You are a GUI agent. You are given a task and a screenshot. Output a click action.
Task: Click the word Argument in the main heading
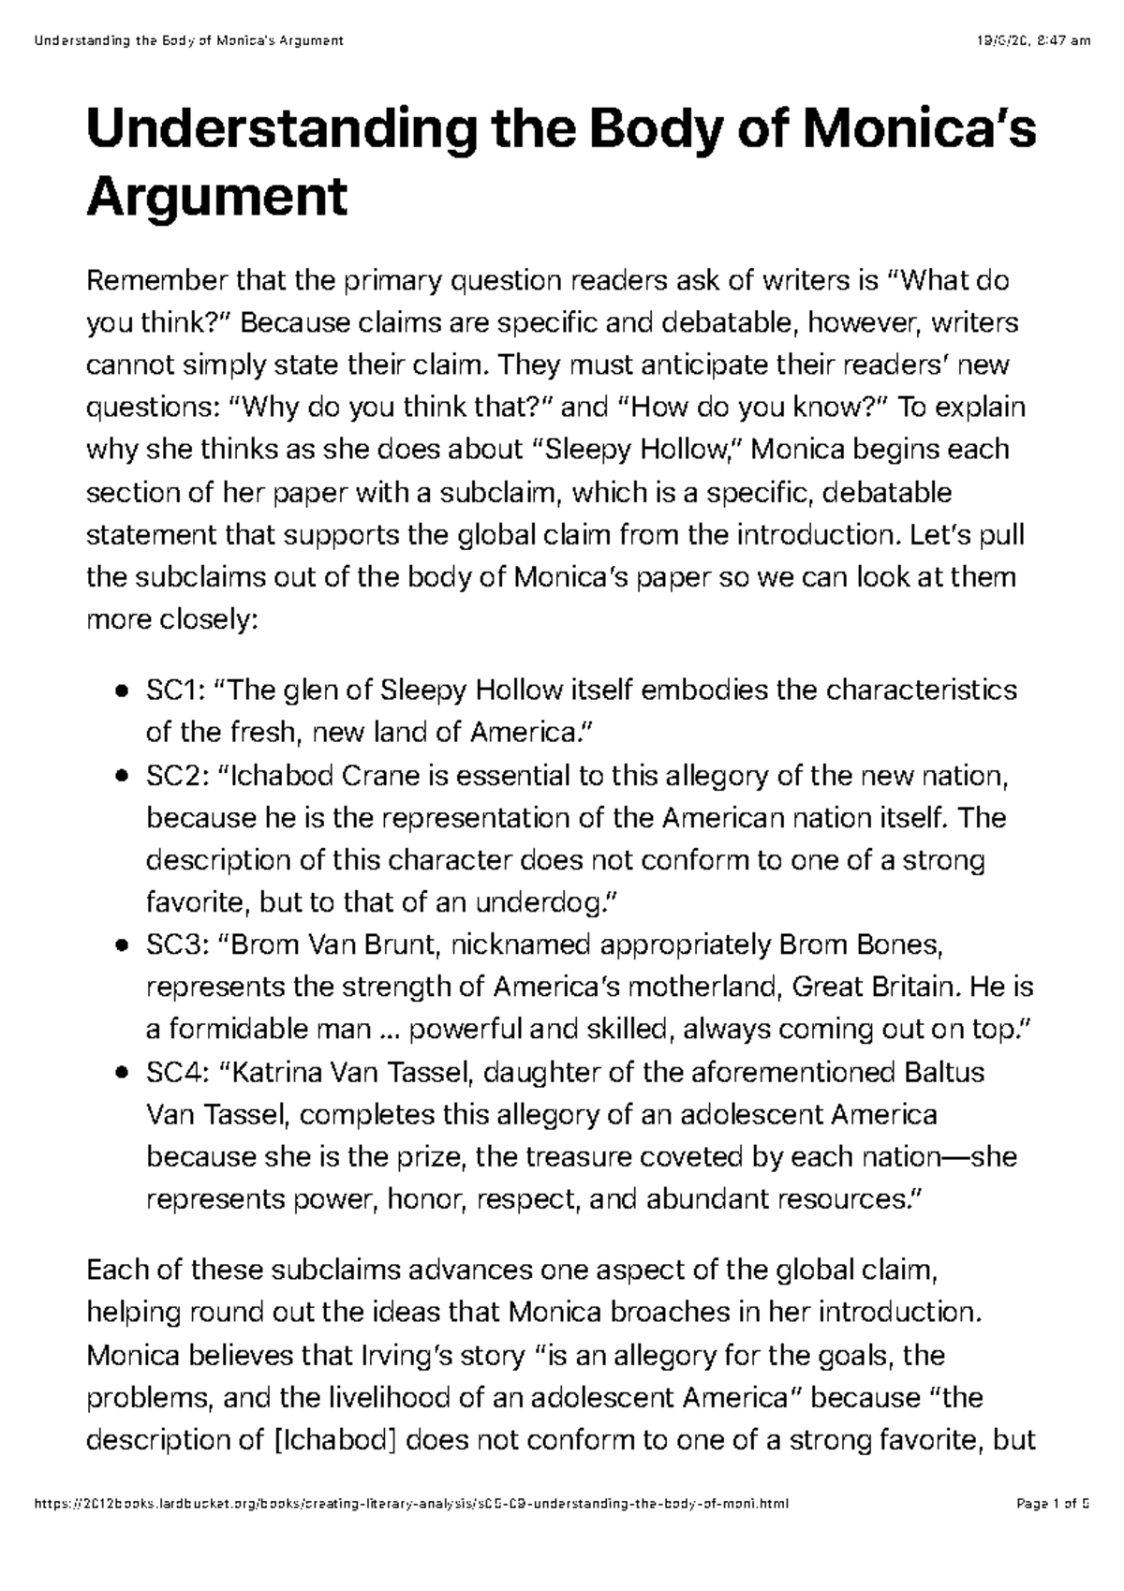point(216,197)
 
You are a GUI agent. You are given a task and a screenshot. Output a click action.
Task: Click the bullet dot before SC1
point(122,692)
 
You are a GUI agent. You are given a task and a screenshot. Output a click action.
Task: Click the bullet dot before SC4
point(122,1073)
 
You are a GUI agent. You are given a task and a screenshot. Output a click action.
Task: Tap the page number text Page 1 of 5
point(1053,1556)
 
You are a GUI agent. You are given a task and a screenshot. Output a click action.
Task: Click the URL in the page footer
point(411,1556)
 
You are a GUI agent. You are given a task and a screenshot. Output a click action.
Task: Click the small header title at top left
point(187,40)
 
